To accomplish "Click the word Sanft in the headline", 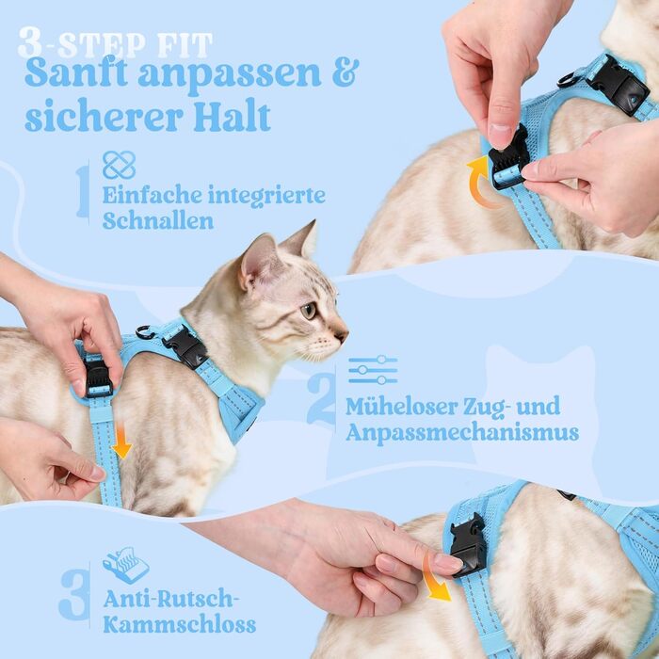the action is (x=76, y=73).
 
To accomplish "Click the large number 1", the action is (x=83, y=191).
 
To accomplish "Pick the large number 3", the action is (x=74, y=595).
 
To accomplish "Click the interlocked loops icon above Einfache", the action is (x=119, y=165).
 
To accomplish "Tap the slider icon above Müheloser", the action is (x=373, y=370).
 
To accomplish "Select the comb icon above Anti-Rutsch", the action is (x=125, y=565).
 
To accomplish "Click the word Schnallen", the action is (x=158, y=220).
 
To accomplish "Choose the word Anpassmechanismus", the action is (x=462, y=433).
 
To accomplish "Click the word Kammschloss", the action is (x=180, y=624).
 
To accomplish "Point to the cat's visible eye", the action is (x=309, y=311).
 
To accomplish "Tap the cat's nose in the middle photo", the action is (x=342, y=335).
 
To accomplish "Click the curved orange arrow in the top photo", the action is (x=479, y=182).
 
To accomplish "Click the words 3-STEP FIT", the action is (x=115, y=43).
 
